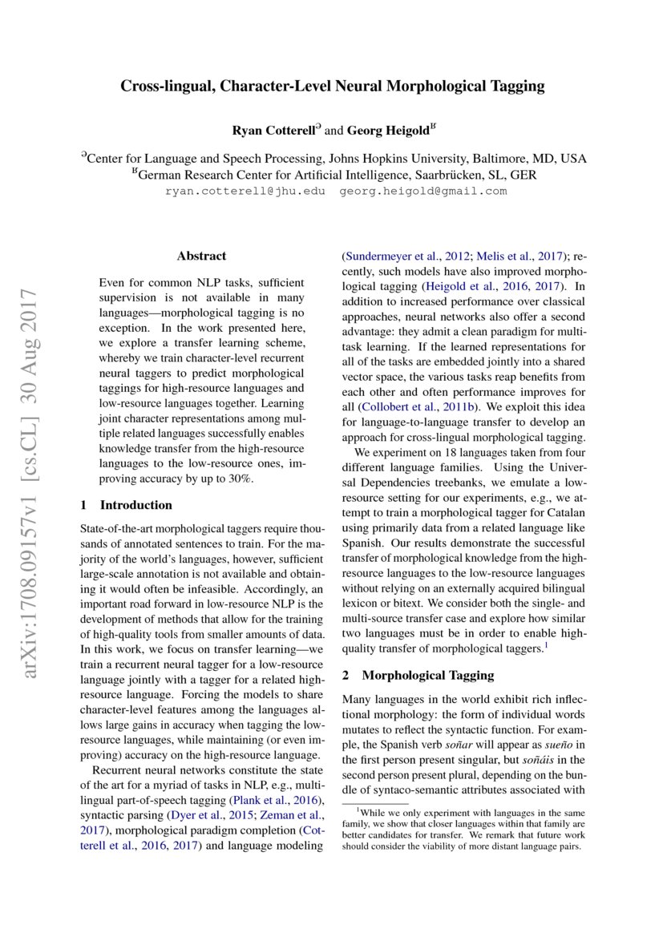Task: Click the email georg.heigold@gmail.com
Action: coord(423,191)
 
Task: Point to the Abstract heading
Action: coord(201,256)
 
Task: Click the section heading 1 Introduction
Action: coord(127,505)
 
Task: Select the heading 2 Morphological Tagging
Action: coord(418,676)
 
